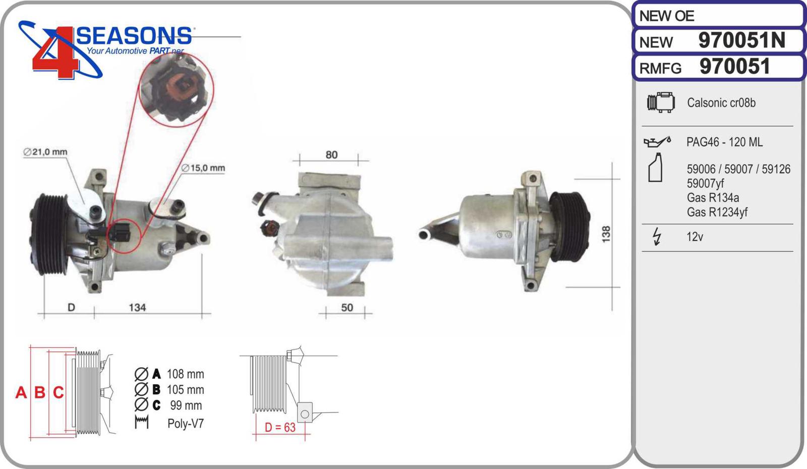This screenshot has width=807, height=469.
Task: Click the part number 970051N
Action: (x=741, y=40)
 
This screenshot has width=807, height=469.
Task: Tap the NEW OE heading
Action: (x=666, y=16)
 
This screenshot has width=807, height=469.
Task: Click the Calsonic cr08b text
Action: (x=721, y=103)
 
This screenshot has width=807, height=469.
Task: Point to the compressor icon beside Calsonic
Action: (x=661, y=102)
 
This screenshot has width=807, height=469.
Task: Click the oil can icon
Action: (x=657, y=142)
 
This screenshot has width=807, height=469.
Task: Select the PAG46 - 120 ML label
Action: (x=724, y=142)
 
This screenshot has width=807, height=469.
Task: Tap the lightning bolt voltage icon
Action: (x=657, y=236)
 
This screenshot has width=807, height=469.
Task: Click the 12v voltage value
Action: (x=695, y=237)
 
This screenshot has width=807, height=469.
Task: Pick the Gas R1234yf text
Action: (x=717, y=212)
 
